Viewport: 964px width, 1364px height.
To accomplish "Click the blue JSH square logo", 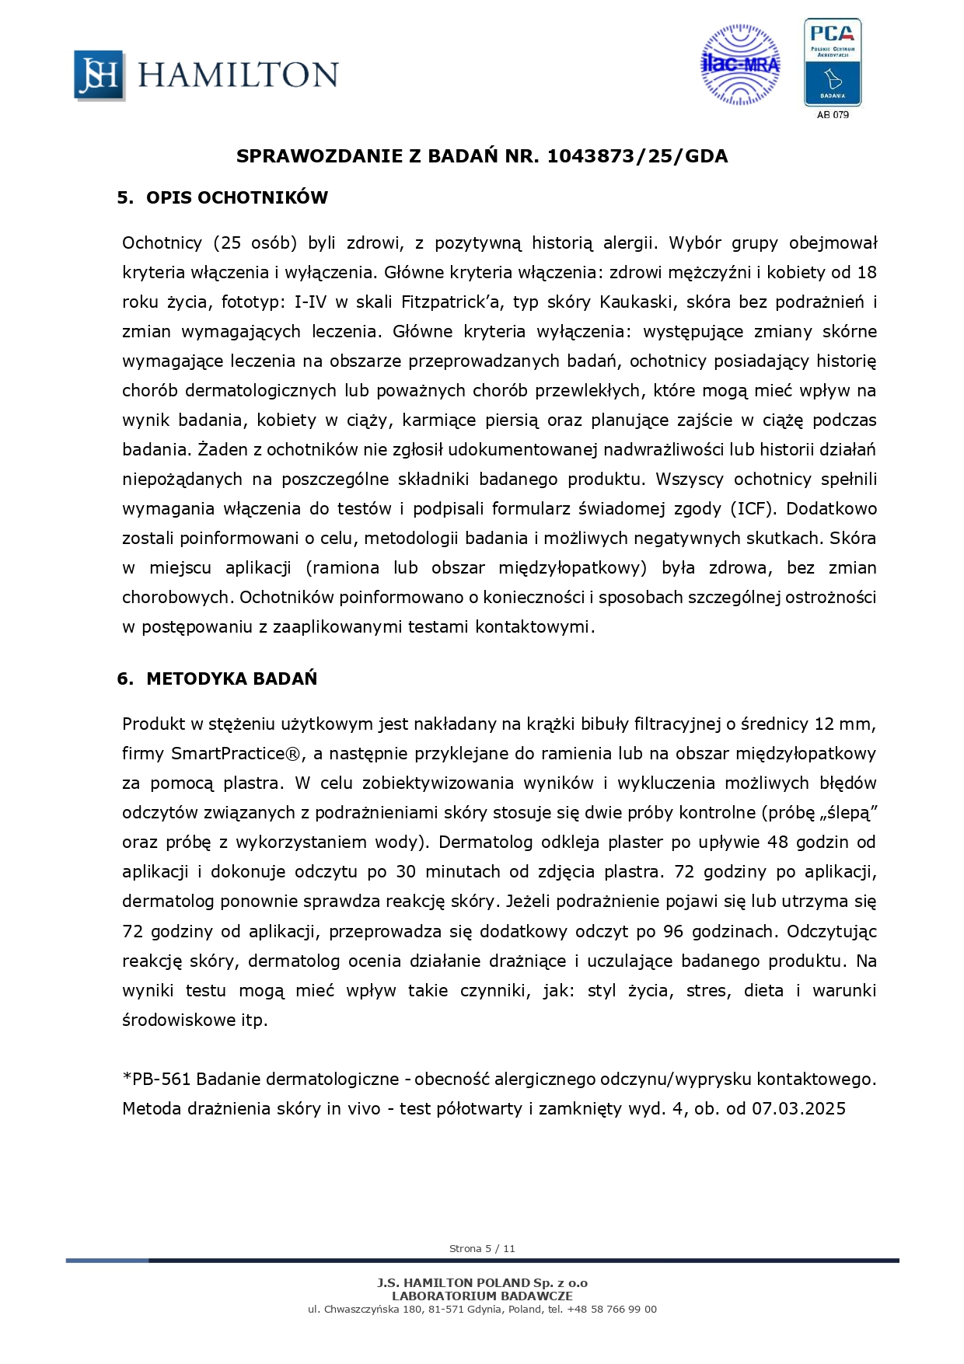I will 99,75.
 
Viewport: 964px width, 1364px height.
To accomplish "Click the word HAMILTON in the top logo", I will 238,75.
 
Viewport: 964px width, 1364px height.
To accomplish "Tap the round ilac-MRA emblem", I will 740,65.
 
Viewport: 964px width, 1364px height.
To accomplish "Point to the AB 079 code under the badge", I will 833,115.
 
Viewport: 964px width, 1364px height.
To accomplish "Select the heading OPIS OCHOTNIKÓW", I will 237,197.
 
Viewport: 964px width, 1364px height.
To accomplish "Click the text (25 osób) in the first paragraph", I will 255,242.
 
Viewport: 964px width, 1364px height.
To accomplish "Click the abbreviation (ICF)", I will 752,508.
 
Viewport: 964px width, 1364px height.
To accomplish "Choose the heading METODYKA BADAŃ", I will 232,679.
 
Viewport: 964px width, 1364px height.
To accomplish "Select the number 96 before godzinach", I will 673,931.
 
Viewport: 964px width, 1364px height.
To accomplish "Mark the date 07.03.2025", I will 798,1108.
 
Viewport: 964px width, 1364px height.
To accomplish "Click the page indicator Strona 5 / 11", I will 482,1248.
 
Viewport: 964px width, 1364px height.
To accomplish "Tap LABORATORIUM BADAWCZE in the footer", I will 482,1296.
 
